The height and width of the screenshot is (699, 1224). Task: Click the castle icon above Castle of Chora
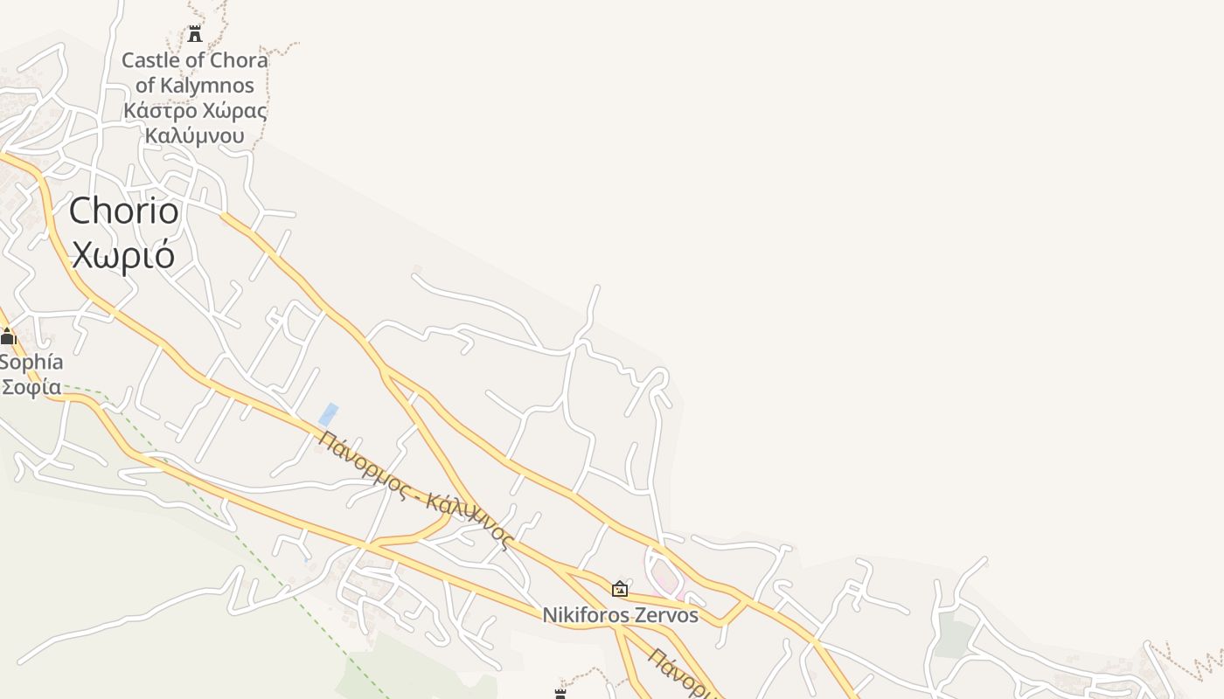pyautogui.click(x=195, y=34)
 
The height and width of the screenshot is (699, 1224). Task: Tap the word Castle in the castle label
pyautogui.click(x=149, y=60)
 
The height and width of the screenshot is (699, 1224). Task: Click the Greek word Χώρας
pyautogui.click(x=234, y=111)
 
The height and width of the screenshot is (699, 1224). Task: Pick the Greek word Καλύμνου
pyautogui.click(x=194, y=135)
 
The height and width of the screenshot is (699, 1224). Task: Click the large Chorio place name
pyautogui.click(x=123, y=211)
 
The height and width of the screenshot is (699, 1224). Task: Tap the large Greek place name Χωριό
pyautogui.click(x=123, y=254)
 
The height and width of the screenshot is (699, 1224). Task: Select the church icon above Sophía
pyautogui.click(x=8, y=336)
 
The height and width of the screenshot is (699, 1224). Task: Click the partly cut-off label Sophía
pyautogui.click(x=31, y=362)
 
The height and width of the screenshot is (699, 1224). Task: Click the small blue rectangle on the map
pyautogui.click(x=328, y=414)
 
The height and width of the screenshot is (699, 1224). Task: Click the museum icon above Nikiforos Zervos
pyautogui.click(x=620, y=589)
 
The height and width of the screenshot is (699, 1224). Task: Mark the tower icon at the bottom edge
pyautogui.click(x=560, y=694)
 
